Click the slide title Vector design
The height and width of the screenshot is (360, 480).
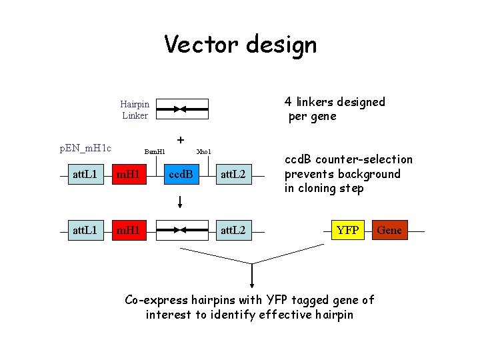240,45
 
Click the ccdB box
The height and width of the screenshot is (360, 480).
181,175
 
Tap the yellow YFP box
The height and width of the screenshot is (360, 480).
347,230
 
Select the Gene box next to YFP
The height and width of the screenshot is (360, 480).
389,230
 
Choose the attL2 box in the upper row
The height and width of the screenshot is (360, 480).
234,175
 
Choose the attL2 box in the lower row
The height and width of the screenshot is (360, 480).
234,230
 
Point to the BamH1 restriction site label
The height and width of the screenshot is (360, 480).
154,152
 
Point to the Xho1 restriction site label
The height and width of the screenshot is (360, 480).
203,152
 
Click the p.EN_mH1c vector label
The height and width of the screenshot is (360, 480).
85,147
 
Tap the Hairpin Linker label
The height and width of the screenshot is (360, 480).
135,109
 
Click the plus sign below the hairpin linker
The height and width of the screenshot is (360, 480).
180,141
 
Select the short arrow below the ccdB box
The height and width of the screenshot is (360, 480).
181,200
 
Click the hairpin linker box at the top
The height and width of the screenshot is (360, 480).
181,109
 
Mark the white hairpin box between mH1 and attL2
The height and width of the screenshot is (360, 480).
181,230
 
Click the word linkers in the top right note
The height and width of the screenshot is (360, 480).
319,102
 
